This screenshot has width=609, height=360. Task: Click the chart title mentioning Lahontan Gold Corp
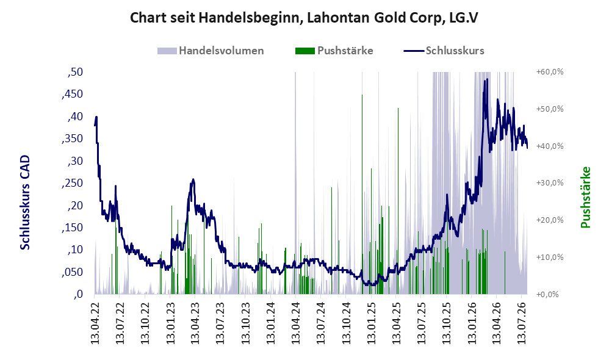(304, 18)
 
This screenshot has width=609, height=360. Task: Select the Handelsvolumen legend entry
(211, 51)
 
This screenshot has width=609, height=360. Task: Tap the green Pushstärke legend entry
(334, 51)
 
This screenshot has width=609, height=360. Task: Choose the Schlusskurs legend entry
(444, 51)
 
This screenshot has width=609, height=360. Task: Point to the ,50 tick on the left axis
(75, 72)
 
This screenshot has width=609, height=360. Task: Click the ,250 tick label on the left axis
(72, 183)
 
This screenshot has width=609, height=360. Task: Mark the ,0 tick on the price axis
(78, 294)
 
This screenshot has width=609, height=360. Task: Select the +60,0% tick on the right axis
(550, 72)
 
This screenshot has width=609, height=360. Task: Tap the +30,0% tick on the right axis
(550, 183)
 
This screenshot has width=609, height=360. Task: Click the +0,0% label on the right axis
(547, 294)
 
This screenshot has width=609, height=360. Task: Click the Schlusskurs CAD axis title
(25, 203)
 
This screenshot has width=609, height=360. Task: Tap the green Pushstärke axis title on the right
(585, 197)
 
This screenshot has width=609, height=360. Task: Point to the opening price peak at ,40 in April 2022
(96, 117)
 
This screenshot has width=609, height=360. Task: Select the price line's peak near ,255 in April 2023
(193, 180)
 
